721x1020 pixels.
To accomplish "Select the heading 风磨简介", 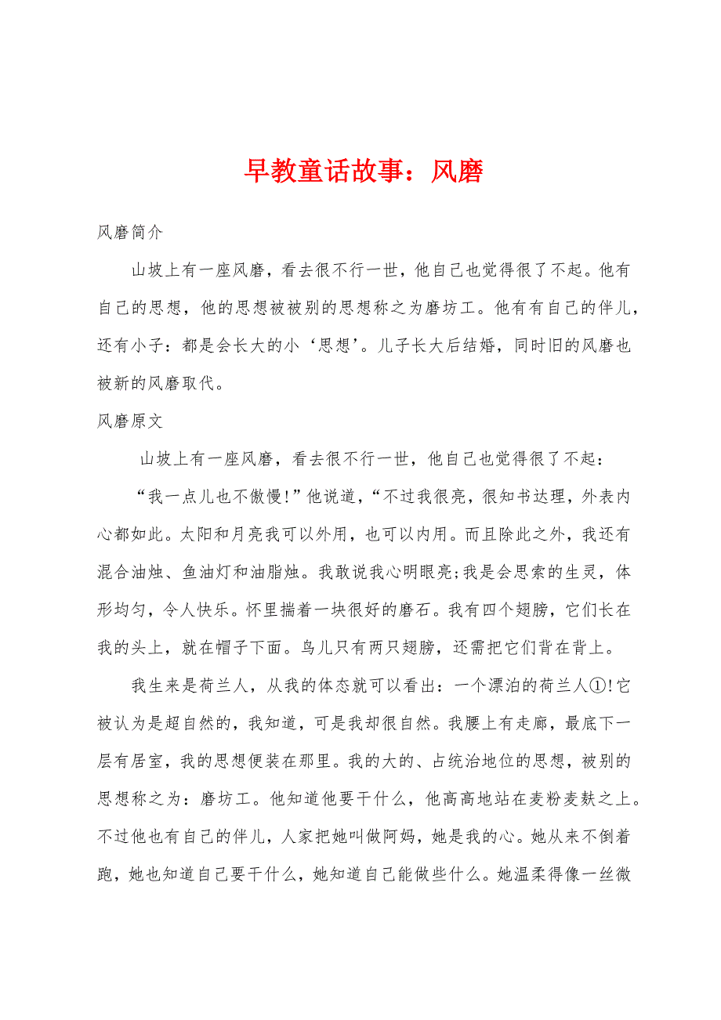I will (x=130, y=233).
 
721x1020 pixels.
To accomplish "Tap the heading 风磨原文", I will (x=130, y=421).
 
